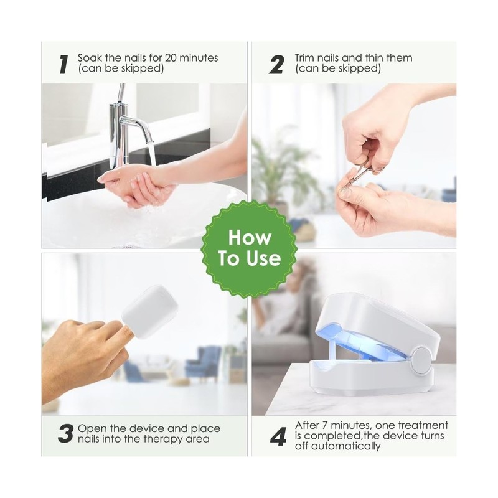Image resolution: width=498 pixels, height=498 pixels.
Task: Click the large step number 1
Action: tap(64, 64)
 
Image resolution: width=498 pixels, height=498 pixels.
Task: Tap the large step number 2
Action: tap(276, 64)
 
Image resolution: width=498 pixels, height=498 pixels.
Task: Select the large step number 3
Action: tap(66, 433)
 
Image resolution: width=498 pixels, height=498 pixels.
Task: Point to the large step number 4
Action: tap(278, 436)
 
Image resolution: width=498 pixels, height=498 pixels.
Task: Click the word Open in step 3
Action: tap(90, 429)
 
